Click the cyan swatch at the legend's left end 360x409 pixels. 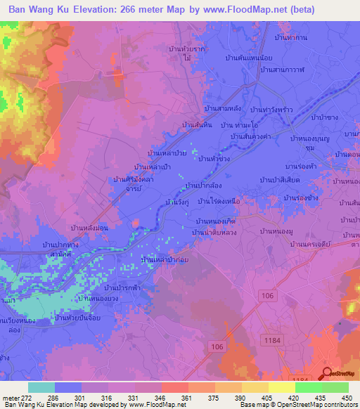point(41,387)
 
